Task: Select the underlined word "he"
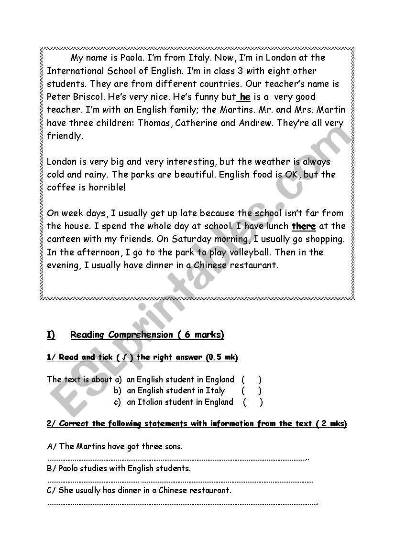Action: coord(245,97)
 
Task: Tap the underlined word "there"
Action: coord(304,226)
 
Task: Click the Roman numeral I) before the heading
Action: coord(51,335)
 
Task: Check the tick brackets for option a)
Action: coord(251,380)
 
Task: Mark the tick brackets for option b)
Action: coord(251,390)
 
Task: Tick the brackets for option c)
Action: coord(252,402)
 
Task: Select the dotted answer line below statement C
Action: coord(182,503)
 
